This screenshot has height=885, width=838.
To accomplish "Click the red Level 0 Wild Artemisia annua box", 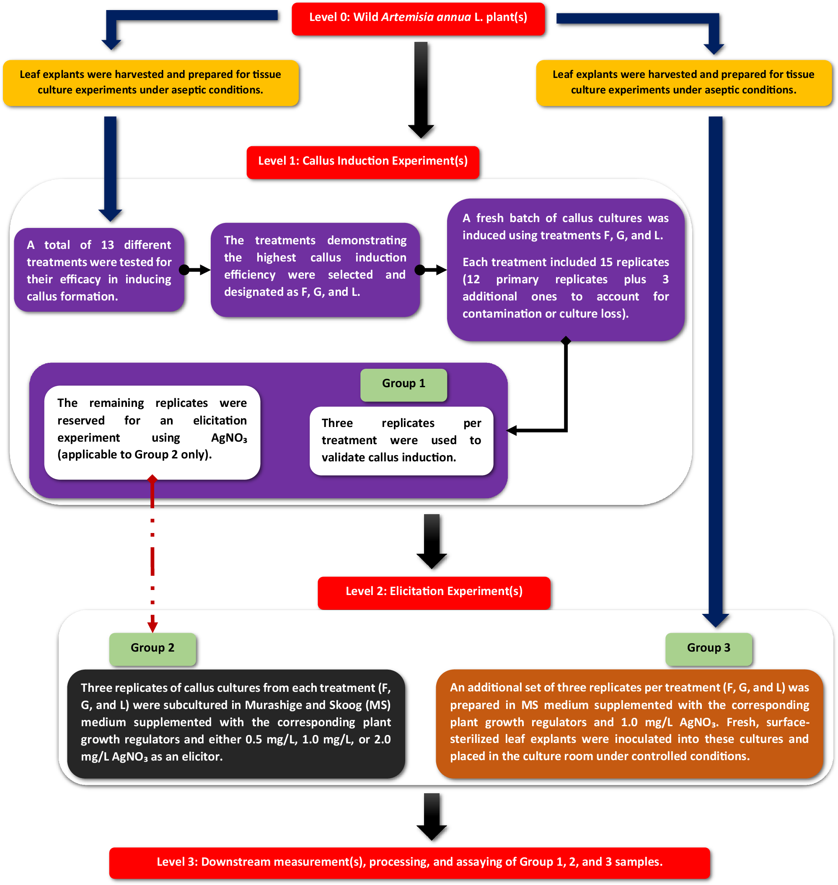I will (418, 18).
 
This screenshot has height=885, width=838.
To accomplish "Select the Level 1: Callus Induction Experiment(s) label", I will (362, 162).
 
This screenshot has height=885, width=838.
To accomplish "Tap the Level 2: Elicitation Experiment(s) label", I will (433, 592).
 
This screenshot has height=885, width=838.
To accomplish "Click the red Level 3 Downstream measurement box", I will (409, 862).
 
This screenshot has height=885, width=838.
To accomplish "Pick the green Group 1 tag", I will (403, 384).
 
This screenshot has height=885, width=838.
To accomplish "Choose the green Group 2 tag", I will (153, 648).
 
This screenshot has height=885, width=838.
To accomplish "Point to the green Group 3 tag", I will (708, 648).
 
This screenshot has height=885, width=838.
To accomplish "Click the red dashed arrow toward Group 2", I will (153, 563).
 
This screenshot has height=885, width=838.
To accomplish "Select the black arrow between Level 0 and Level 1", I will (421, 89).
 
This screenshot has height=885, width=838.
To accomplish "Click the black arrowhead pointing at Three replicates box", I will (512, 431).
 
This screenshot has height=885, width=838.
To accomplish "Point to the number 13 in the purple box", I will (107, 245).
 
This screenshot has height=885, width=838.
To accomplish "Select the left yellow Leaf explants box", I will (150, 83).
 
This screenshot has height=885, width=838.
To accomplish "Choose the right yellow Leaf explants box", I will (683, 83).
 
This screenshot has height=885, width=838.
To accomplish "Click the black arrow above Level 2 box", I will (432, 541).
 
